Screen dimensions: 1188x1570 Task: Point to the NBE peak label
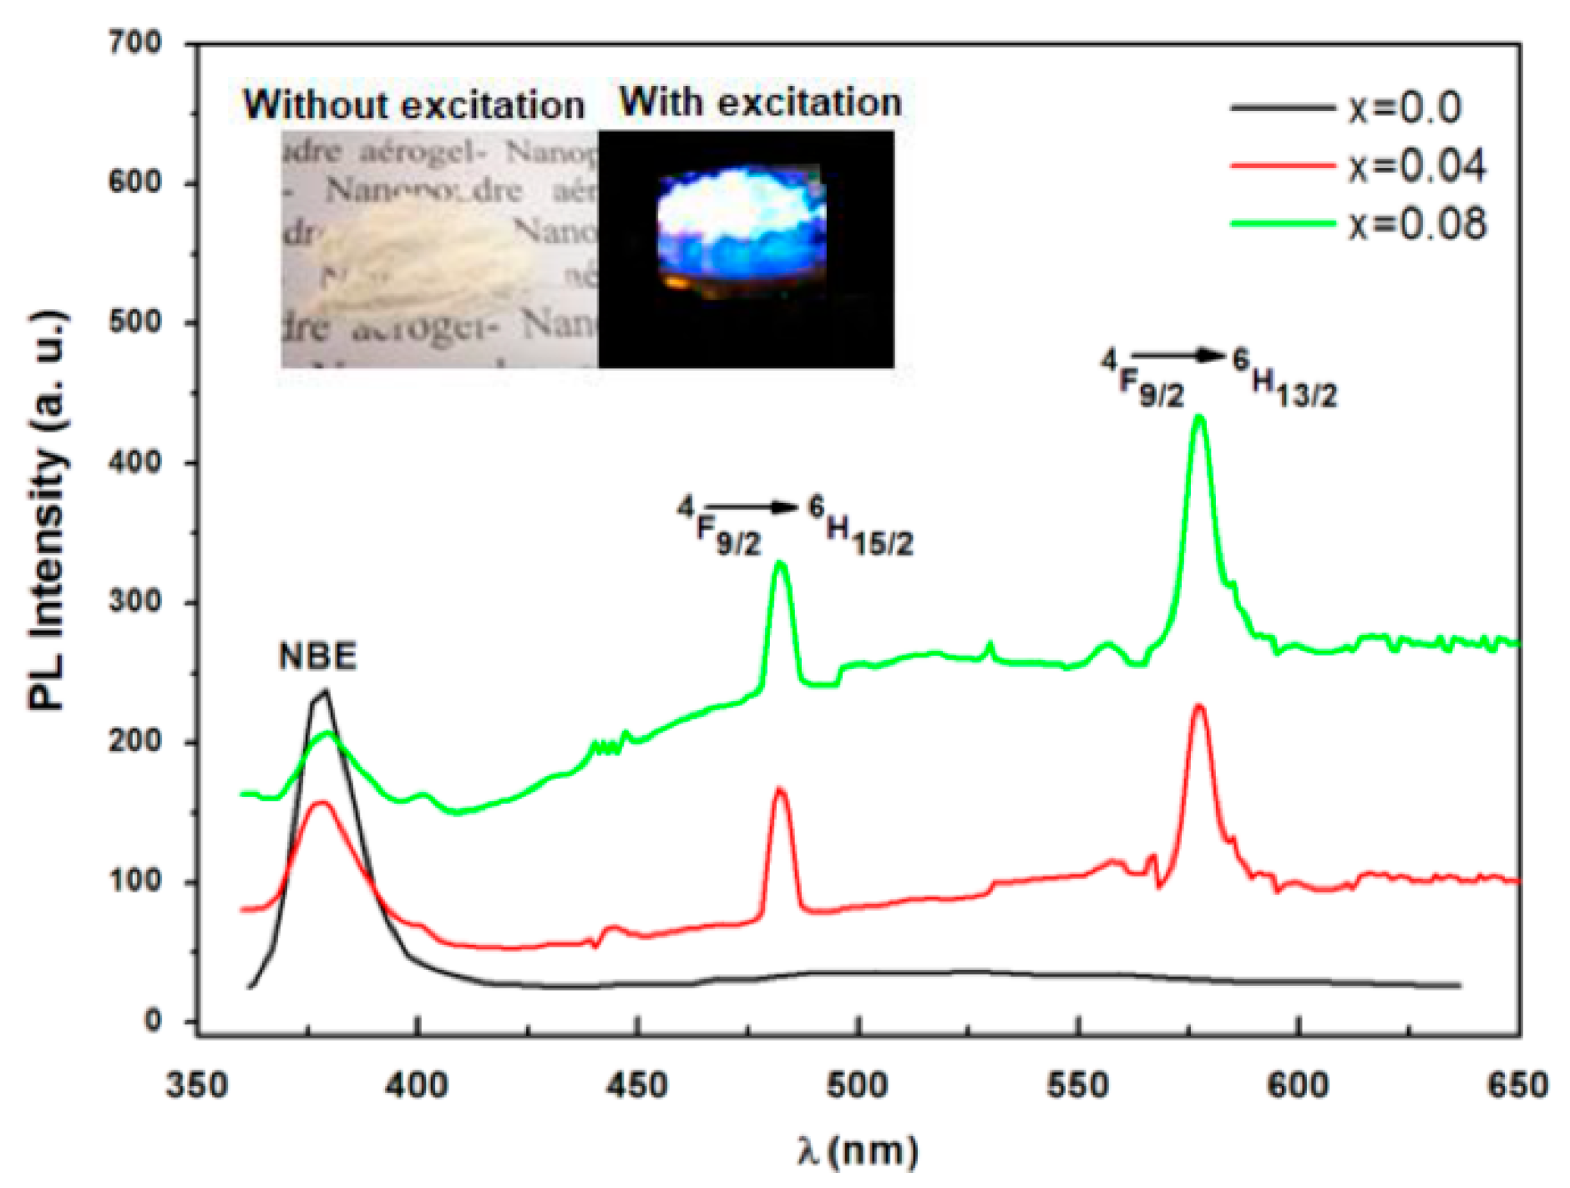[x=317, y=656]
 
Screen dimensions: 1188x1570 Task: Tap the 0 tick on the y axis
[x=153, y=1020]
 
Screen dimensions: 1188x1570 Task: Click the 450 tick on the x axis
[x=638, y=1085]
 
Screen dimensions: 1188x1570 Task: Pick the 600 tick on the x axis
[x=1298, y=1085]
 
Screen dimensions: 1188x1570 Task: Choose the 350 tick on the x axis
[x=197, y=1085]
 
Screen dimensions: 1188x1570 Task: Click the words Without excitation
[x=413, y=105]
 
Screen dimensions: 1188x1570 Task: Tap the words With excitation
[x=760, y=102]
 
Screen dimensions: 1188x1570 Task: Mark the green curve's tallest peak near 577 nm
[x=1199, y=417]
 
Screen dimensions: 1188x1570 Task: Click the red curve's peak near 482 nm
[x=780, y=789]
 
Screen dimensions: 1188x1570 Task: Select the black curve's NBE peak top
[x=324, y=691]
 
